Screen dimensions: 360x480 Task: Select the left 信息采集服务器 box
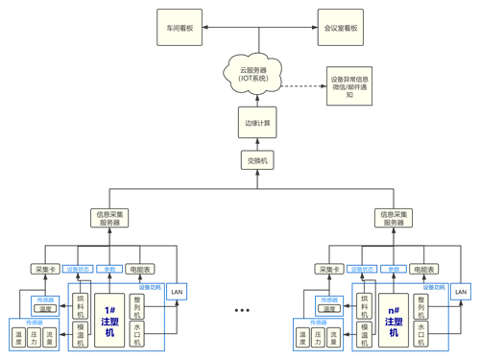(110, 218)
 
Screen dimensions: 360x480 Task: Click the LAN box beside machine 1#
(176, 291)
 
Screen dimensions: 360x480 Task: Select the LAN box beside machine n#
(461, 291)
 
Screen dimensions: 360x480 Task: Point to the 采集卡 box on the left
(45, 270)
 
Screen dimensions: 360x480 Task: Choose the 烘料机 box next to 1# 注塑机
(81, 305)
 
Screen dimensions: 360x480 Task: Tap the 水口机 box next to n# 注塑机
(423, 334)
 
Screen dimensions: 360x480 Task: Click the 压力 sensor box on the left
(35, 338)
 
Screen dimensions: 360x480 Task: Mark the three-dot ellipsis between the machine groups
(241, 311)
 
